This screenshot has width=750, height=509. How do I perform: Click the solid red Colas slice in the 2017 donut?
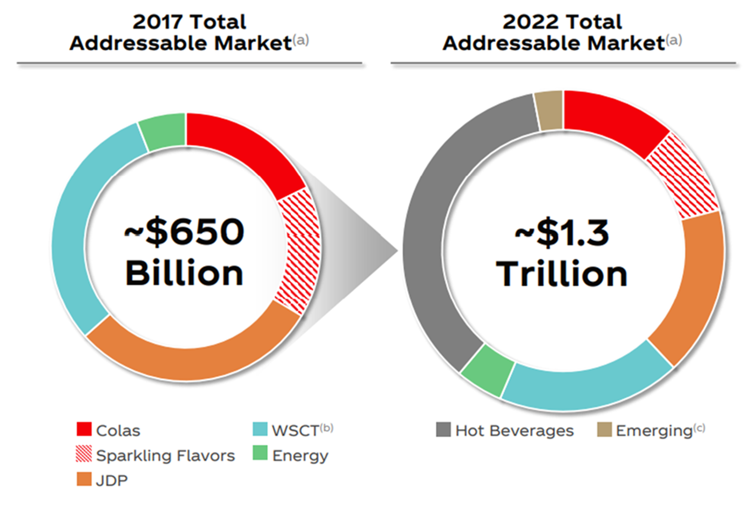[x=243, y=146]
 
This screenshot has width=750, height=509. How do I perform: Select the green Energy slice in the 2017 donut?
[x=164, y=131]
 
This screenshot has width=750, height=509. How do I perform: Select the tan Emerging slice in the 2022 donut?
[x=549, y=111]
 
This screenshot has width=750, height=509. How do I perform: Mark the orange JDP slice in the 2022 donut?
[x=697, y=286]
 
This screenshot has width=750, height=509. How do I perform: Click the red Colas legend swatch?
[x=84, y=429]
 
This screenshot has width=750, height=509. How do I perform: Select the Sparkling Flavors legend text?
[x=165, y=456]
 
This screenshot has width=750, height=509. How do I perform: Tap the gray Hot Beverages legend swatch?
[x=443, y=430]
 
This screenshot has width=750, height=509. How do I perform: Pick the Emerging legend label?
[x=654, y=431]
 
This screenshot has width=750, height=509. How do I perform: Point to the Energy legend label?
[x=300, y=456]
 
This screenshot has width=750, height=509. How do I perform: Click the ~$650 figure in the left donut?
[x=184, y=232]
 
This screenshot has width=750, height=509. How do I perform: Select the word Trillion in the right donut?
[x=562, y=274]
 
